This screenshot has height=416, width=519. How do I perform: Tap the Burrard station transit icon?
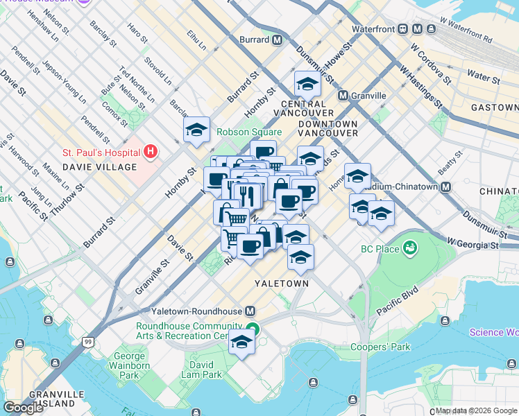tap(277, 40)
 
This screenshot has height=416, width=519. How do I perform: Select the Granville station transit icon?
tap(343, 95)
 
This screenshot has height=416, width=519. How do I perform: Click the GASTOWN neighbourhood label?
tap(494, 107)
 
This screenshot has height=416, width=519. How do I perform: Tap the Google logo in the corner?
tap(24, 408)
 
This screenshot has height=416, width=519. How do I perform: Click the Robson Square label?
tap(249, 132)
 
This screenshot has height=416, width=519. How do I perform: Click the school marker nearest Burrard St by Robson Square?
tap(196, 130)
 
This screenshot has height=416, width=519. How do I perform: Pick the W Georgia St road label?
tap(473, 245)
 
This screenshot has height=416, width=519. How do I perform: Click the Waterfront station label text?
tap(373, 29)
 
